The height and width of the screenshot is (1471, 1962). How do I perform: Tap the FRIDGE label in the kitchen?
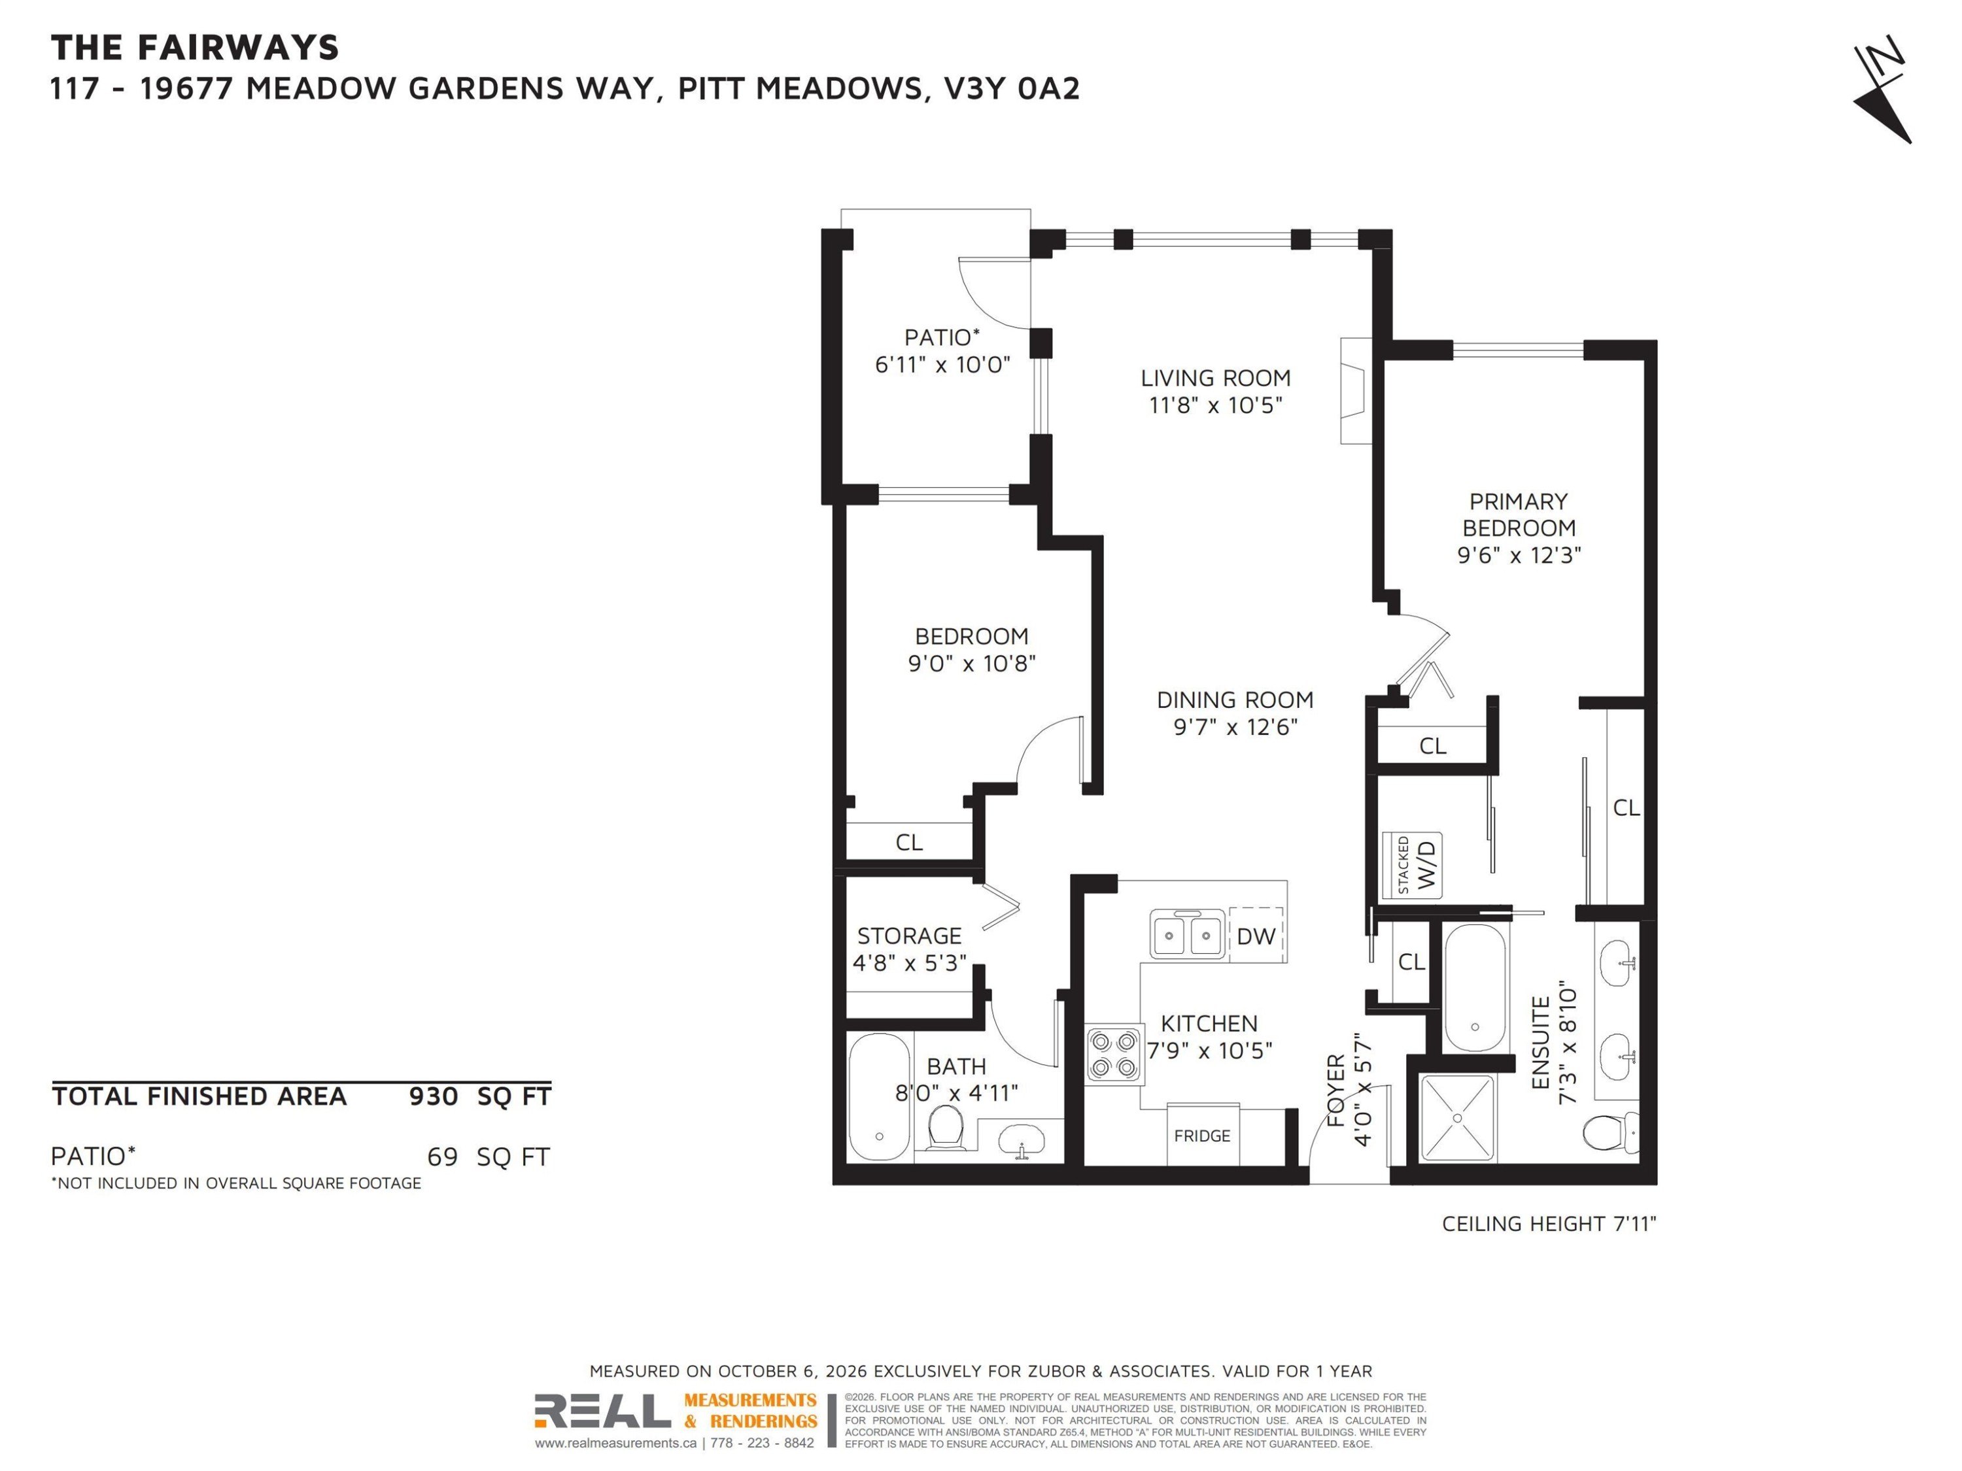pyautogui.click(x=1202, y=1136)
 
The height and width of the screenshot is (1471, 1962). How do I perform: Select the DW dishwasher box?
pyautogui.click(x=1256, y=936)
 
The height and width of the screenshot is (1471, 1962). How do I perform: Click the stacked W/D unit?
pyautogui.click(x=1412, y=864)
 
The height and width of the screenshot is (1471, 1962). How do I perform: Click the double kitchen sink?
pyautogui.click(x=1188, y=934)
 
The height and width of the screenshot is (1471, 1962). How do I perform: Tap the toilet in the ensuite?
pyautogui.click(x=1611, y=1132)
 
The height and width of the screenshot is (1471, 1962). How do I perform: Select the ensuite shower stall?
pyautogui.click(x=1457, y=1118)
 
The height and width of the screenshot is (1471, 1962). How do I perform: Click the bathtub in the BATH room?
pyautogui.click(x=879, y=1097)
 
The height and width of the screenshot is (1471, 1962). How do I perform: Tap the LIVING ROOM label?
pyautogui.click(x=1215, y=379)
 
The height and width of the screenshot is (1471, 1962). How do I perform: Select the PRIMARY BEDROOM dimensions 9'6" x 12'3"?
pyautogui.click(x=1519, y=556)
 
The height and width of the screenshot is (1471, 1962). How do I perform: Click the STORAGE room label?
pyautogui.click(x=909, y=936)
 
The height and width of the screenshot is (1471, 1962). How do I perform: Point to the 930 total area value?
pyautogui.click(x=433, y=1097)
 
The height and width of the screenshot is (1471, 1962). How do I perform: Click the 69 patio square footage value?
pyautogui.click(x=443, y=1157)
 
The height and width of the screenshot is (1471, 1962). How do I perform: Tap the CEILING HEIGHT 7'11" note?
pyautogui.click(x=1549, y=1224)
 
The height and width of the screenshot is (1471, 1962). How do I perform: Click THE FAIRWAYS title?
pyautogui.click(x=195, y=48)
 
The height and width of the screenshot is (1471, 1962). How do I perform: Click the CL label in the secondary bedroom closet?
pyautogui.click(x=909, y=842)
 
